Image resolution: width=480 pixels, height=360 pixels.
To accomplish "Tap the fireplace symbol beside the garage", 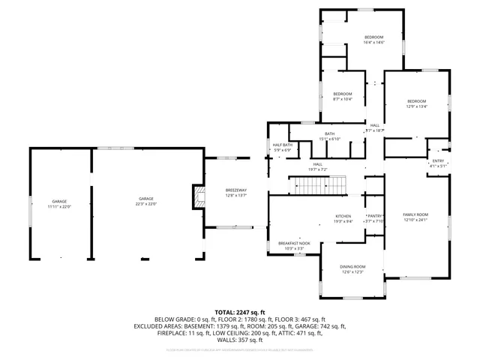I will [x=198, y=196].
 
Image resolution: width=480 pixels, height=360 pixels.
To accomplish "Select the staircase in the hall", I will [x=319, y=184].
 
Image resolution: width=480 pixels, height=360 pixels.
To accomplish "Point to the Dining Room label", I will [x=352, y=267].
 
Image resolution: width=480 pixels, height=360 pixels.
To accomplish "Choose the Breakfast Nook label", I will [x=291, y=244].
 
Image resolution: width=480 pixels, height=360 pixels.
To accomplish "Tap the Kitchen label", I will [x=343, y=217].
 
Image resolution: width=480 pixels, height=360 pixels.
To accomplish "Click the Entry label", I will [x=438, y=161].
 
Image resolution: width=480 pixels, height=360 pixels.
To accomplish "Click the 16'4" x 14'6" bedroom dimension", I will [x=373, y=42].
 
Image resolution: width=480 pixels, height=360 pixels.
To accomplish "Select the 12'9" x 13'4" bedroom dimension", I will [x=416, y=106].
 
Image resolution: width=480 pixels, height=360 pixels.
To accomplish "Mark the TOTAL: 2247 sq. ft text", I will [x=240, y=312].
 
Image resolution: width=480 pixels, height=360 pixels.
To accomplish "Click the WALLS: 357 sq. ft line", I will [x=240, y=339].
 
